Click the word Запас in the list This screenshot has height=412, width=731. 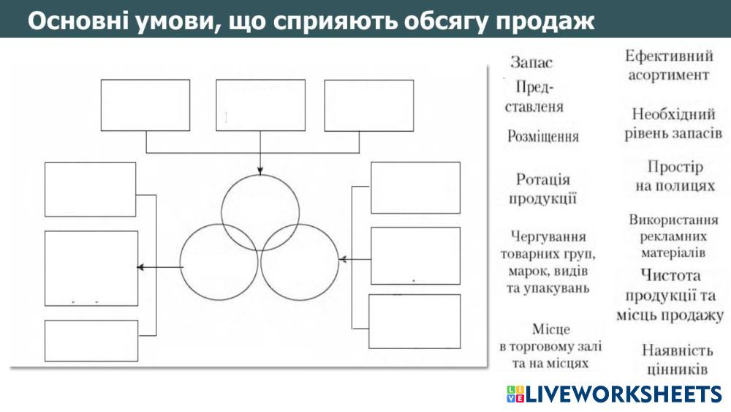(x=531, y=63)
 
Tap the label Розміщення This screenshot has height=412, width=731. (x=543, y=136)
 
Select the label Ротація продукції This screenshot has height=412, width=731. (x=543, y=189)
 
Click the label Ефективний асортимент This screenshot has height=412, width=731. (x=669, y=65)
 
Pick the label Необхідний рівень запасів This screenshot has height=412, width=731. (x=673, y=124)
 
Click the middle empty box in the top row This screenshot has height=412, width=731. (x=260, y=104)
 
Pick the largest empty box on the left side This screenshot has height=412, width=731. (x=91, y=268)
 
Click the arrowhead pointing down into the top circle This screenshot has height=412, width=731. (x=260, y=172)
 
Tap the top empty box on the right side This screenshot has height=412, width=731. (x=415, y=187)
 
